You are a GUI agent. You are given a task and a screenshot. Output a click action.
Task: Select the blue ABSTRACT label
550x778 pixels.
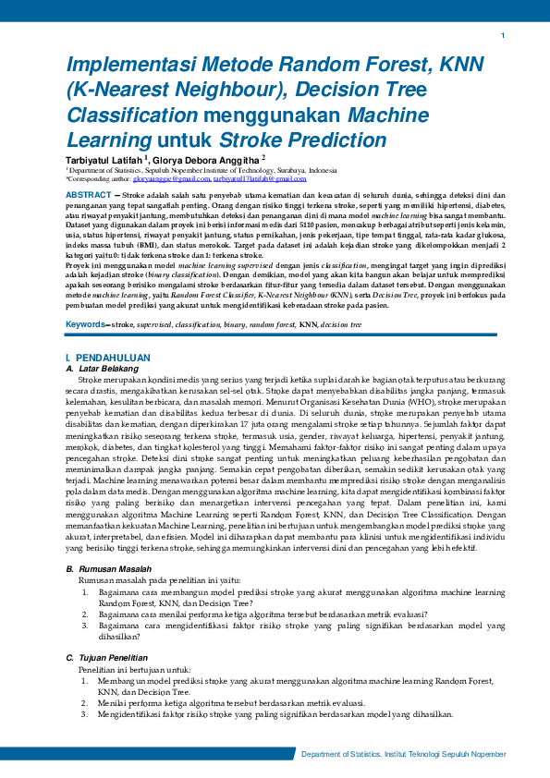click(88, 196)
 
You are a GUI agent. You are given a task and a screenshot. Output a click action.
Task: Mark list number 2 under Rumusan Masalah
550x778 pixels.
click(85, 613)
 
